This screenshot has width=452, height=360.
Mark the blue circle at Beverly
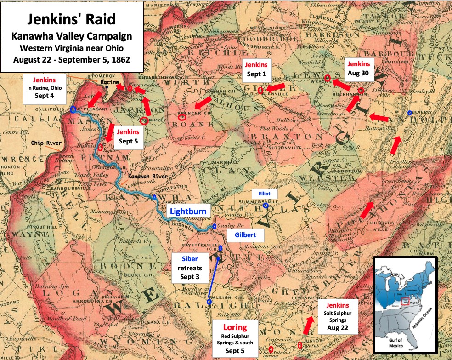pos(409,113)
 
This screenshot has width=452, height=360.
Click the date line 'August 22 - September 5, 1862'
pos(72,59)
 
